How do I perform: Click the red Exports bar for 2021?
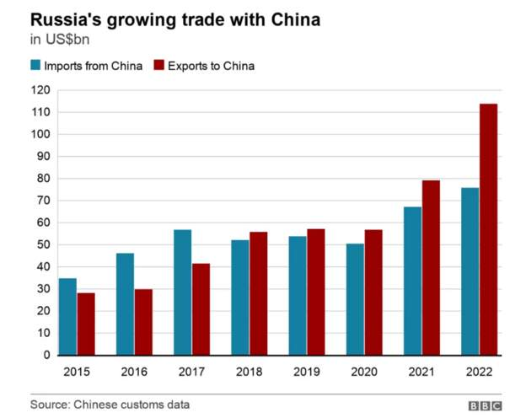tap(430, 267)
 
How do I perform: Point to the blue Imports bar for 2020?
tap(355, 299)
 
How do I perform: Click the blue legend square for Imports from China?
tap(35, 65)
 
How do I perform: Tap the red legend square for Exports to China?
tap(158, 65)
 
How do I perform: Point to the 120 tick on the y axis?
tap(40, 90)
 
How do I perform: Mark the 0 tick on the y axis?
tap(47, 356)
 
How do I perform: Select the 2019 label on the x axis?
tap(305, 372)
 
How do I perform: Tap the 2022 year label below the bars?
tap(479, 372)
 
